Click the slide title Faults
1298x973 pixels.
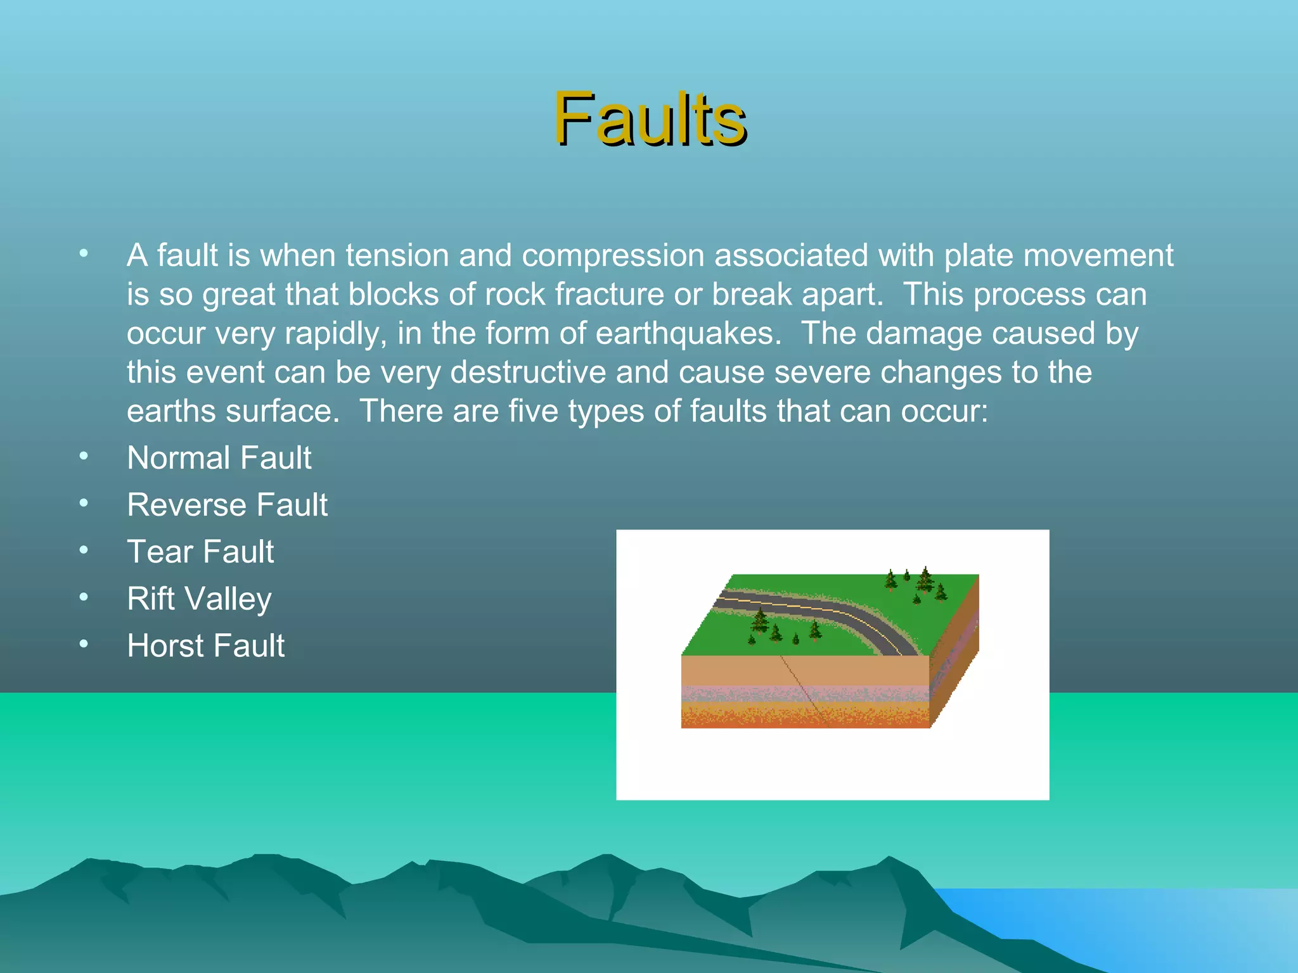pos(650,119)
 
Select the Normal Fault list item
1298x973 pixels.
pos(219,457)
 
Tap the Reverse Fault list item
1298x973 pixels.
pos(227,505)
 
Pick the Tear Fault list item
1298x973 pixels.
pos(200,552)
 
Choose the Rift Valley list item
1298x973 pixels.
pos(199,599)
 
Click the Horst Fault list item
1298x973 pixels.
pos(205,645)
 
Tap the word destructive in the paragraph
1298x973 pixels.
pos(528,372)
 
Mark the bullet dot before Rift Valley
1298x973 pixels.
pos(84,597)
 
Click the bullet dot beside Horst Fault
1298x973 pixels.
pos(84,644)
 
